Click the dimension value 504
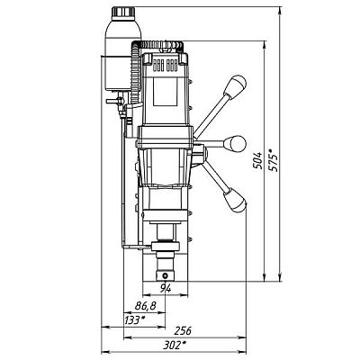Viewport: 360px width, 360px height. click(x=257, y=161)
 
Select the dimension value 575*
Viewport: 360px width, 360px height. click(x=274, y=161)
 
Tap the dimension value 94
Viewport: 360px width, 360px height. click(x=166, y=289)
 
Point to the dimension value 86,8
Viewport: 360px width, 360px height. click(x=146, y=306)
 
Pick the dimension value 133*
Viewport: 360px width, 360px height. click(x=135, y=320)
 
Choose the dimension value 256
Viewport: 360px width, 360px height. click(x=182, y=331)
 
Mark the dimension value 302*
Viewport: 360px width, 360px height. click(x=175, y=346)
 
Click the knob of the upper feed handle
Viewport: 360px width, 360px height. click(x=236, y=85)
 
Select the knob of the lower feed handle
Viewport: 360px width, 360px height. click(x=235, y=200)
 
